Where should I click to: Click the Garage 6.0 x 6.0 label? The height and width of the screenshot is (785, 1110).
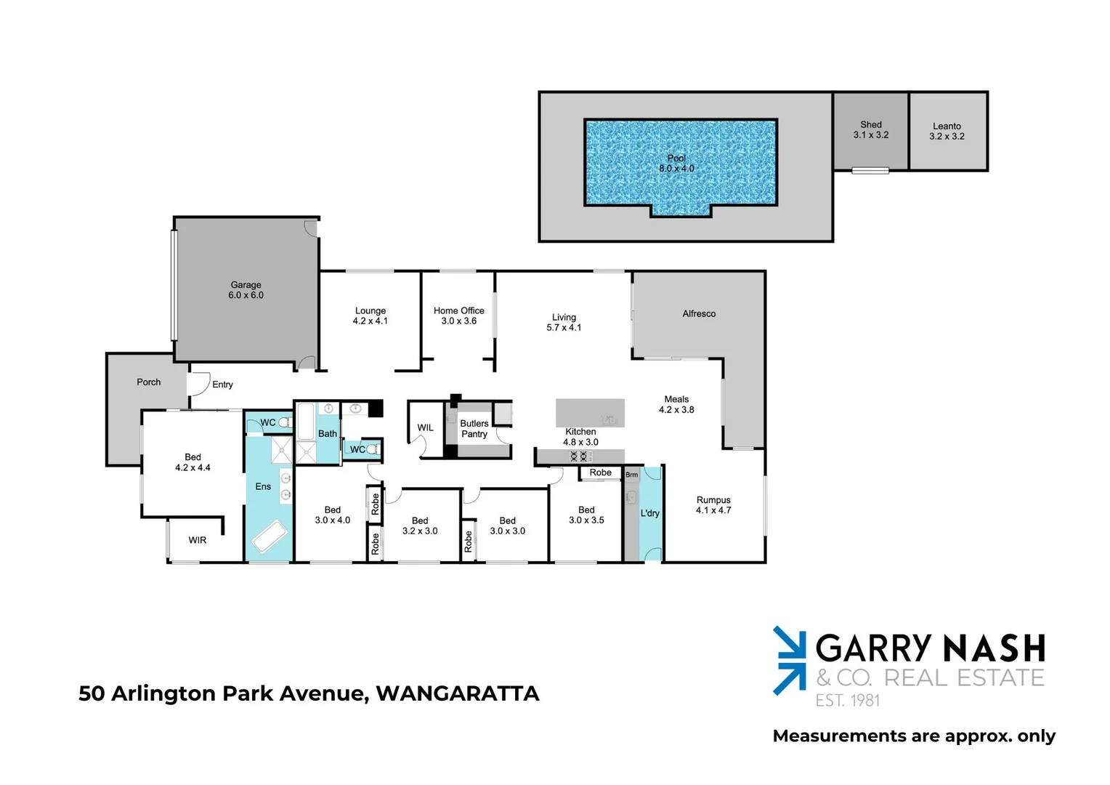[246, 290]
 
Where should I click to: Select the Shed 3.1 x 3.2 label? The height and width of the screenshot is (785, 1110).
[871, 130]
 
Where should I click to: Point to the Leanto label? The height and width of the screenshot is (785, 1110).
[947, 126]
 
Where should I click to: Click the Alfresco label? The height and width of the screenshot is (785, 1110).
[699, 314]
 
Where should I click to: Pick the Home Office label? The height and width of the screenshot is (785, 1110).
[459, 311]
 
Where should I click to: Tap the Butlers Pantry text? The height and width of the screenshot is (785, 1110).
[474, 429]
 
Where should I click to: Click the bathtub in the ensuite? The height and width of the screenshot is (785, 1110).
[270, 536]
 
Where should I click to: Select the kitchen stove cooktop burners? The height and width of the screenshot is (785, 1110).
[579, 456]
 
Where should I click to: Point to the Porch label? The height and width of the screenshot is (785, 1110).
[149, 382]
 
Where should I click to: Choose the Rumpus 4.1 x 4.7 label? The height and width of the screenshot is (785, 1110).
[713, 505]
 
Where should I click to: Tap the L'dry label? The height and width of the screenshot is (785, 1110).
[649, 513]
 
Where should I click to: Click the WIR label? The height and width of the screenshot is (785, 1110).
[197, 540]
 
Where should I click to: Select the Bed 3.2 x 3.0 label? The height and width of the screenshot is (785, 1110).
[420, 526]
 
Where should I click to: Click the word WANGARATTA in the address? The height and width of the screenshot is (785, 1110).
[458, 693]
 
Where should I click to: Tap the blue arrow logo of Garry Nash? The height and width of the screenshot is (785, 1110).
[790, 660]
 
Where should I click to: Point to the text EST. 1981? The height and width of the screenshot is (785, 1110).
[848, 701]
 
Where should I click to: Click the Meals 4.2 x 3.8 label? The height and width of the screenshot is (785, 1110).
[676, 405]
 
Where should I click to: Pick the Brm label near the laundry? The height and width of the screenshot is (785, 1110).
[631, 475]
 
